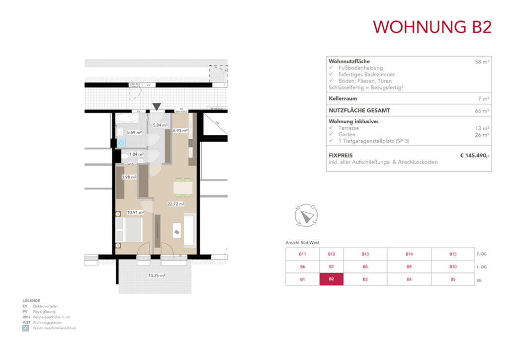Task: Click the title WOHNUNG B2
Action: [432, 27]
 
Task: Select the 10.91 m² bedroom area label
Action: [135, 212]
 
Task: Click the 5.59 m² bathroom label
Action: [134, 133]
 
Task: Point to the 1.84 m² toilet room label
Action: [136, 155]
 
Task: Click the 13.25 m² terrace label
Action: [157, 275]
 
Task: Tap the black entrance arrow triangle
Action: [157, 106]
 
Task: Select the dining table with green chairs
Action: [182, 187]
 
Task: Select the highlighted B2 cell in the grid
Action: [332, 279]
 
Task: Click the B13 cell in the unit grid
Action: [365, 254]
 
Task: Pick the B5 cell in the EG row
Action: [453, 279]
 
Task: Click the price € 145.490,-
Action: [475, 156]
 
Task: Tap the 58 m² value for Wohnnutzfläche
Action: [482, 62]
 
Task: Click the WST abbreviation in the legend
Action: [27, 322]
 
